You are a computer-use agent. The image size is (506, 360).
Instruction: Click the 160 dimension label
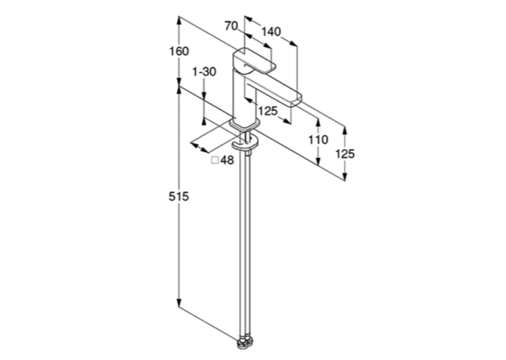179,51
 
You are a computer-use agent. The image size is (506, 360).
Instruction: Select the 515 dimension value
178,196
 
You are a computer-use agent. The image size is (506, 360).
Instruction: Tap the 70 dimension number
231,26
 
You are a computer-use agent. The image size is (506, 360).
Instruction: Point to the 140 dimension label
271,32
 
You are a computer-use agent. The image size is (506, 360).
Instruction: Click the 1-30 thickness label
204,71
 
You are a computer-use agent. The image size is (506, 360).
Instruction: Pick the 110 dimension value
318,139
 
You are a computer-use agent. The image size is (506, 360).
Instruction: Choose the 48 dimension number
227,160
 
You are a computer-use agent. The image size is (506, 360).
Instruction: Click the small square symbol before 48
215,160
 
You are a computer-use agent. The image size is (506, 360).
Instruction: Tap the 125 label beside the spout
268,111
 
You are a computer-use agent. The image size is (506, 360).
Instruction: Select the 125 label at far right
345,154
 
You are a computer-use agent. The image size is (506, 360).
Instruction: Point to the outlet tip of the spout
296,102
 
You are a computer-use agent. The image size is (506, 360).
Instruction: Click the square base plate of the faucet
244,124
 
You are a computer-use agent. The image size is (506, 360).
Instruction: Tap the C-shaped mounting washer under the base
245,143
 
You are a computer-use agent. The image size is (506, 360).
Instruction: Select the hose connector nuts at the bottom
245,343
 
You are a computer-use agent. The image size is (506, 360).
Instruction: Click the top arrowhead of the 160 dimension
178,20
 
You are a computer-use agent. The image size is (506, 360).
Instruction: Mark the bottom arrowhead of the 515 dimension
178,303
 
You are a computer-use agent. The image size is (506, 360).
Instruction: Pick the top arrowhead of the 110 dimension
318,123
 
